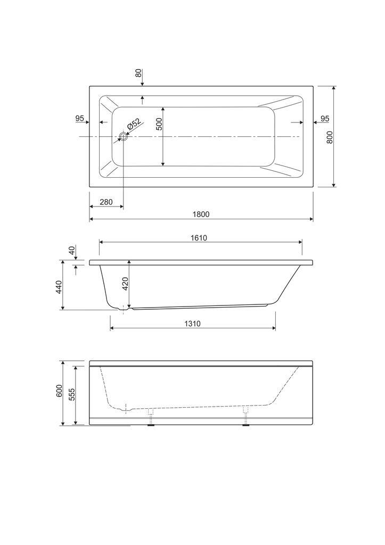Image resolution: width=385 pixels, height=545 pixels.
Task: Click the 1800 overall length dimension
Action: click(x=201, y=214)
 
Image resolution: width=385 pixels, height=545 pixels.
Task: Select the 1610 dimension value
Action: click(x=199, y=238)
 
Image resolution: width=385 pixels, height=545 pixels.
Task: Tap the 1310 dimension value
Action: click(x=192, y=324)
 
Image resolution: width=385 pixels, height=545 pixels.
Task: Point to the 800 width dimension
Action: click(x=330, y=137)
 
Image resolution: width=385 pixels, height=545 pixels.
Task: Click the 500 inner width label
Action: click(x=159, y=124)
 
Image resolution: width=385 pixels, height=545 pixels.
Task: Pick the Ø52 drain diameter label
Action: click(x=134, y=125)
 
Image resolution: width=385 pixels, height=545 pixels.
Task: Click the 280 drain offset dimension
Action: click(x=106, y=202)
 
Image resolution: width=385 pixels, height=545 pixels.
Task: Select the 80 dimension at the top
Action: click(x=138, y=73)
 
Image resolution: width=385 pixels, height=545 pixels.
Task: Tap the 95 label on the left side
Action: click(x=80, y=119)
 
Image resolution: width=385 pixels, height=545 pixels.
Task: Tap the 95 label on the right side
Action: click(x=324, y=119)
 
